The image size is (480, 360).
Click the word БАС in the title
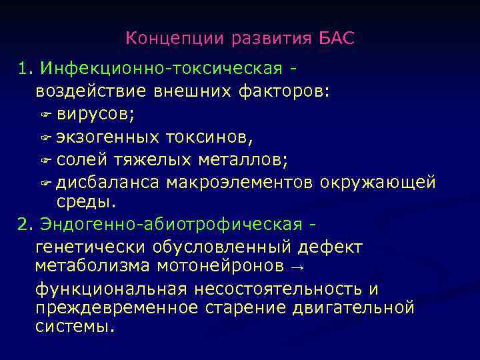click(337, 38)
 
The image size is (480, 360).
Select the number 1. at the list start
click(26, 69)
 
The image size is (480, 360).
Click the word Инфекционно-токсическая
click(163, 69)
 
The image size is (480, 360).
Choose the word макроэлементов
click(241, 183)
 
